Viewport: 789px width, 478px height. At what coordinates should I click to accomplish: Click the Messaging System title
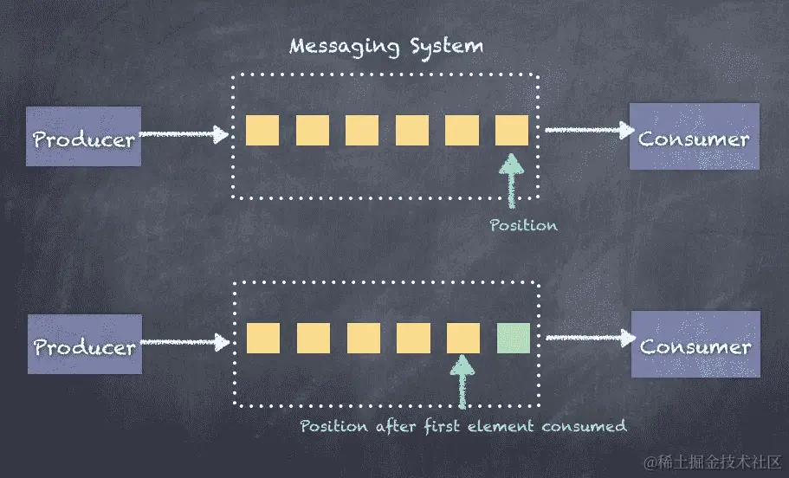coord(386,46)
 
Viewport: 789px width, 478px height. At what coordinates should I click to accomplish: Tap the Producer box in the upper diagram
coord(83,138)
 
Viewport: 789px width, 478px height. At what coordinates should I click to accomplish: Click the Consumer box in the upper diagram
coord(694,137)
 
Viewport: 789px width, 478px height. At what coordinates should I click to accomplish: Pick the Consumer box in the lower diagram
coord(695,345)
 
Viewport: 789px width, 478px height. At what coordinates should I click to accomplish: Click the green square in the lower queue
coord(514,338)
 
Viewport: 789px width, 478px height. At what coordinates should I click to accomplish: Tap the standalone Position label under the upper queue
coord(523,225)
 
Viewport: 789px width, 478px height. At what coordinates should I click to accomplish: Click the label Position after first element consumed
coord(462,426)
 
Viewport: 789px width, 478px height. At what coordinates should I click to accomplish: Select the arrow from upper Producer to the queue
coord(184,134)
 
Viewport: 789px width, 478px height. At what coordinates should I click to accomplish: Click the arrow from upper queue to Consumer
coord(589,131)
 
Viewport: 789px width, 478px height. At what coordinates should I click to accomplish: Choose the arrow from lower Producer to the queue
coord(184,343)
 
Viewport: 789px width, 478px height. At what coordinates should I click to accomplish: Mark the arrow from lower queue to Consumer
coord(591,338)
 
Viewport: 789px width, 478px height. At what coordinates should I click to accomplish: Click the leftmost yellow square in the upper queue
coord(262,130)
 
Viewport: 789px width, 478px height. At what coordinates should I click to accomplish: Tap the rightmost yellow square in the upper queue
coord(512,130)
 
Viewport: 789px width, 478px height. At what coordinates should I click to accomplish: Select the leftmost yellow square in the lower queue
coord(262,338)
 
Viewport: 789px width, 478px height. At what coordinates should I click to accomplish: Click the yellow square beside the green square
coord(463,338)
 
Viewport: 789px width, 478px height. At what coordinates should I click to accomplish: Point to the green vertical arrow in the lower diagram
coord(463,384)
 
